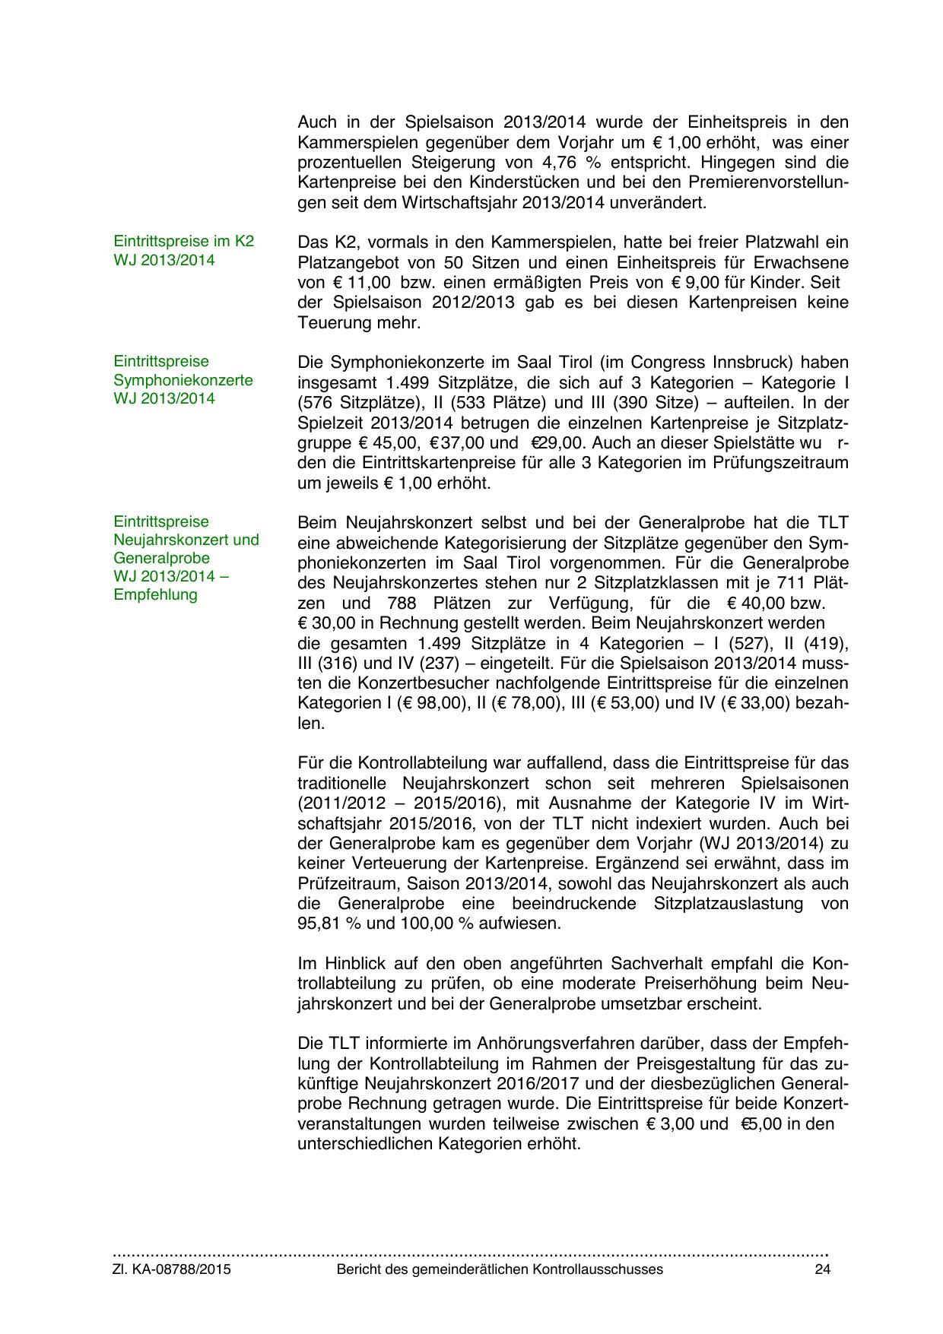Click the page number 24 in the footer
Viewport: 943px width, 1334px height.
tap(821, 1269)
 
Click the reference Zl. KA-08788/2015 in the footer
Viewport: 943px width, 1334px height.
tap(172, 1269)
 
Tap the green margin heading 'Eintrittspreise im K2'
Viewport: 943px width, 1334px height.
tap(183, 242)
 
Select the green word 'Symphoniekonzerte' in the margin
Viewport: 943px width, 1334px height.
tap(183, 380)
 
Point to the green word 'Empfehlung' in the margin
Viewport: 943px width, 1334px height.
tap(155, 594)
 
